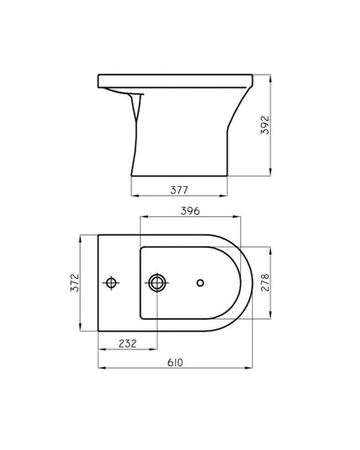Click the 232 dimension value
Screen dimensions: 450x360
pyautogui.click(x=127, y=344)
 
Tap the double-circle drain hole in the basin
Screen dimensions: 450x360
pyautogui.click(x=156, y=282)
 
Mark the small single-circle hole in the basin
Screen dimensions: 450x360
pyautogui.click(x=200, y=282)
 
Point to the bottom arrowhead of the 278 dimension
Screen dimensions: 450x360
pyautogui.click(x=270, y=318)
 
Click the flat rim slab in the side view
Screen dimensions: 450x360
pyautogui.click(x=176, y=80)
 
